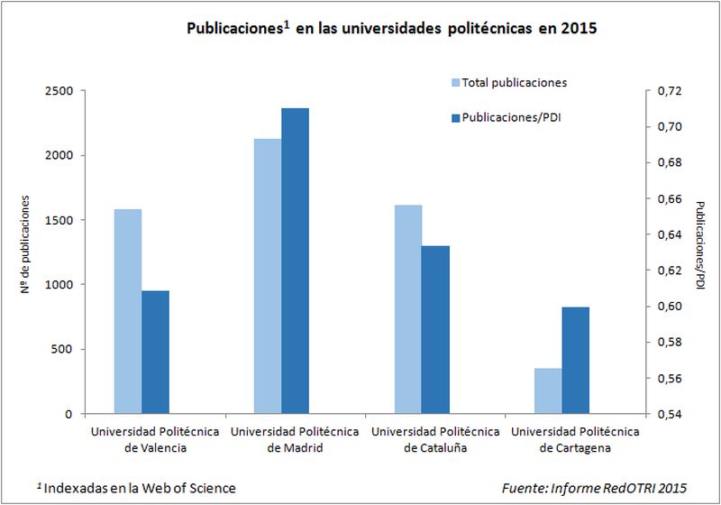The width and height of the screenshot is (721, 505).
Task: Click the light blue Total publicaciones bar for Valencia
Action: point(128,311)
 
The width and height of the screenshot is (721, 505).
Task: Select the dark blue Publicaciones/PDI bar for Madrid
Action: point(295,261)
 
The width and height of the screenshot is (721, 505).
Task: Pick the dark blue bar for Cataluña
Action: point(435,329)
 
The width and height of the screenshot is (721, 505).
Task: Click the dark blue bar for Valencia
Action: point(156,352)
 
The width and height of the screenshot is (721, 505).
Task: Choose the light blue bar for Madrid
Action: point(268,276)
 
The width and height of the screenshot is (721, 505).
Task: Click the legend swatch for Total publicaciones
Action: point(455,83)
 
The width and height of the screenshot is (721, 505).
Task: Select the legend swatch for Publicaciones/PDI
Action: point(455,117)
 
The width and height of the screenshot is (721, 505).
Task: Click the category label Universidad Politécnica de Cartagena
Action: point(575,439)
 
